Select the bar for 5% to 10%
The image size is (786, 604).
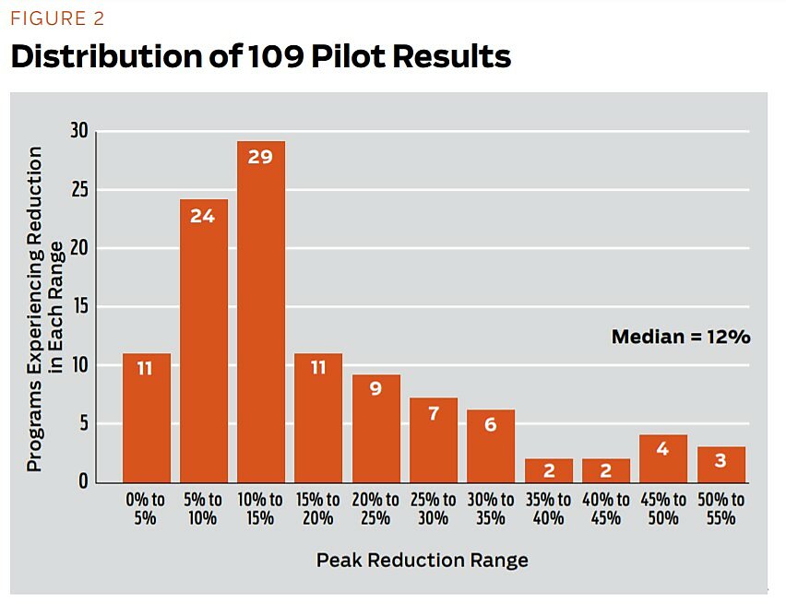pyautogui.click(x=203, y=340)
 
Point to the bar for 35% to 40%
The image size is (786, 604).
pyautogui.click(x=549, y=469)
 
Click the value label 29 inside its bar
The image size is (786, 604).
pyautogui.click(x=261, y=158)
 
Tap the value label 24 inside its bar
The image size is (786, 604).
pyautogui.click(x=203, y=217)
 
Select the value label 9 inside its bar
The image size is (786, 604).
pyautogui.click(x=376, y=389)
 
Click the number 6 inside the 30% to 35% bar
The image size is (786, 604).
pyautogui.click(x=491, y=425)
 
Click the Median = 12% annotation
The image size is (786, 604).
pyautogui.click(x=681, y=337)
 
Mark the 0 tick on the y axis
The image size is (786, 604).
pyautogui.click(x=83, y=481)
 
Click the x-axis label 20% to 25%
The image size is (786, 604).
pyautogui.click(x=375, y=508)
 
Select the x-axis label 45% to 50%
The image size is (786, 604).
pyautogui.click(x=664, y=508)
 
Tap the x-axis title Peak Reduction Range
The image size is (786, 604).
pyautogui.click(x=423, y=560)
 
